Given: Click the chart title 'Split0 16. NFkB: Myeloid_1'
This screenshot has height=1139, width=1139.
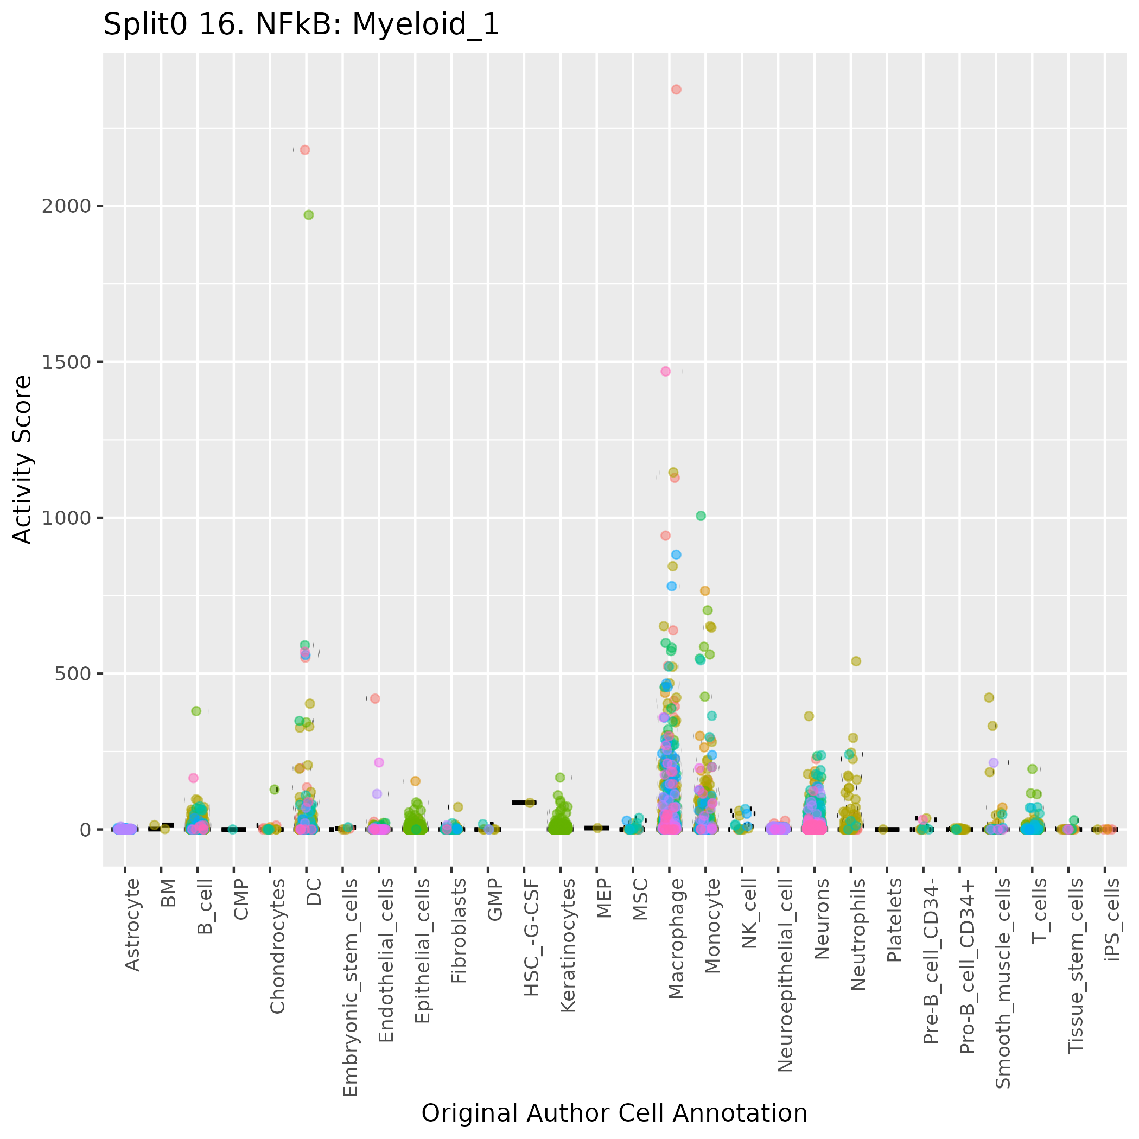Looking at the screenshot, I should click(301, 26).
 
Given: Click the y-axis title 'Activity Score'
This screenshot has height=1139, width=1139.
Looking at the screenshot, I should click(22, 459).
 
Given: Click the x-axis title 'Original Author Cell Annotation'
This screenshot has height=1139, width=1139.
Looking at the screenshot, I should click(614, 1113).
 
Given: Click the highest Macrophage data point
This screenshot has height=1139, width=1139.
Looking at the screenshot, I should click(676, 90).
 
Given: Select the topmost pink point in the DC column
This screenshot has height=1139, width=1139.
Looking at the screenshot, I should click(305, 150).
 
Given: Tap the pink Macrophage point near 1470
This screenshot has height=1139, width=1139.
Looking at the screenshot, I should click(666, 371).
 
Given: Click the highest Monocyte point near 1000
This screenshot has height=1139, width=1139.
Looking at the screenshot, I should click(701, 516).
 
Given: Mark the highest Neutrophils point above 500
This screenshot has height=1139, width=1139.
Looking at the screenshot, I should click(856, 661).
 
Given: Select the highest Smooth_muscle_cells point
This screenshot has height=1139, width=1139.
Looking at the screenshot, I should click(989, 697).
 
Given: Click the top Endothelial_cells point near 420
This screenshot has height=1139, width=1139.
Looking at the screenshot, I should click(375, 698).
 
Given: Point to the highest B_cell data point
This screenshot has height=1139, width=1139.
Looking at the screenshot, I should click(196, 711).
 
